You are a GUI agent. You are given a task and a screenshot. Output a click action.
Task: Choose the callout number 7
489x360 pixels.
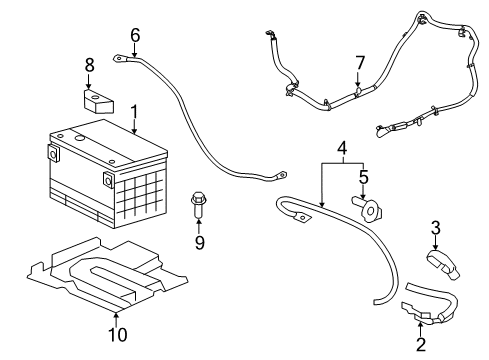[x=360, y=64]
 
